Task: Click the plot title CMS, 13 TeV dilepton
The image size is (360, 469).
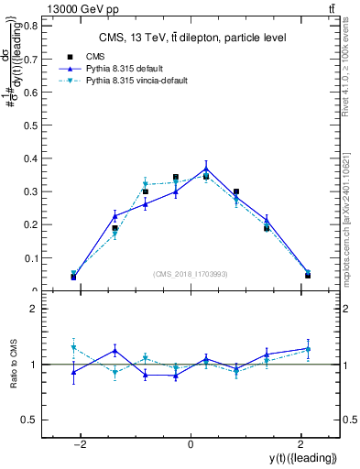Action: (192, 38)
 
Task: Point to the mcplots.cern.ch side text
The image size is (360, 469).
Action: (351, 211)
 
